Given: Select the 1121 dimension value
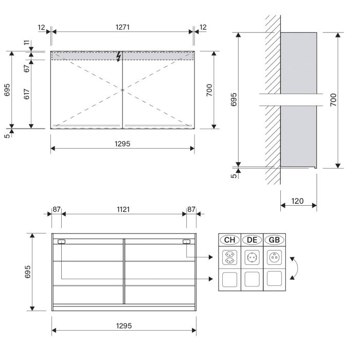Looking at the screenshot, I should pos(123,209).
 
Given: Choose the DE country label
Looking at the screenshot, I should pos(251,240).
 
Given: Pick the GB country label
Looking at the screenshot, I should pos(275,240).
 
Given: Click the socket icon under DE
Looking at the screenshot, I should pos(252,257).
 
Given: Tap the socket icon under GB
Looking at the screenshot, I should pos(275,257).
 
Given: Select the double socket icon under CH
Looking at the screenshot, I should pos(229,257).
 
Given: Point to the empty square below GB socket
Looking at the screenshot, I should pos(275,280).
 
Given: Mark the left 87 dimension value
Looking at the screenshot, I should pos(57,209).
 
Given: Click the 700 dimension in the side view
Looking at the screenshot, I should pos(333,100).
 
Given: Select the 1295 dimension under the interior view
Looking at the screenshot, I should pos(123,326).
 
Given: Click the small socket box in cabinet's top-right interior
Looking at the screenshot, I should pos(186,242).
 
